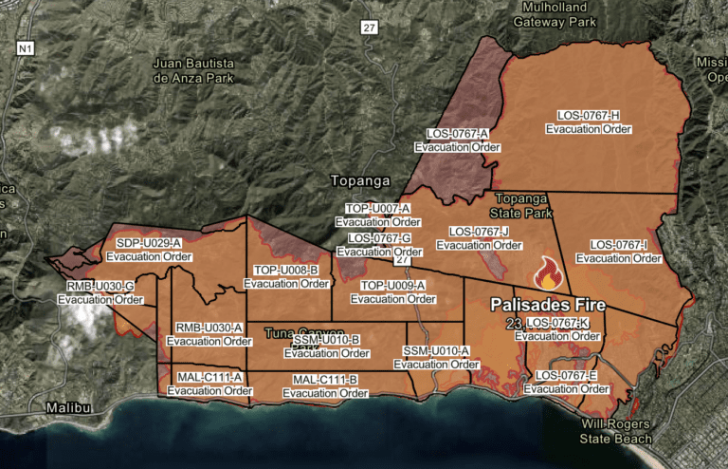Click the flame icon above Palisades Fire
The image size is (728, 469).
point(549,274)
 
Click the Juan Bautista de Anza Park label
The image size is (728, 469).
point(197,70)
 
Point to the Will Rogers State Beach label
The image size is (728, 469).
point(616,431)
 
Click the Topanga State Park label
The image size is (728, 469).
point(513,206)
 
